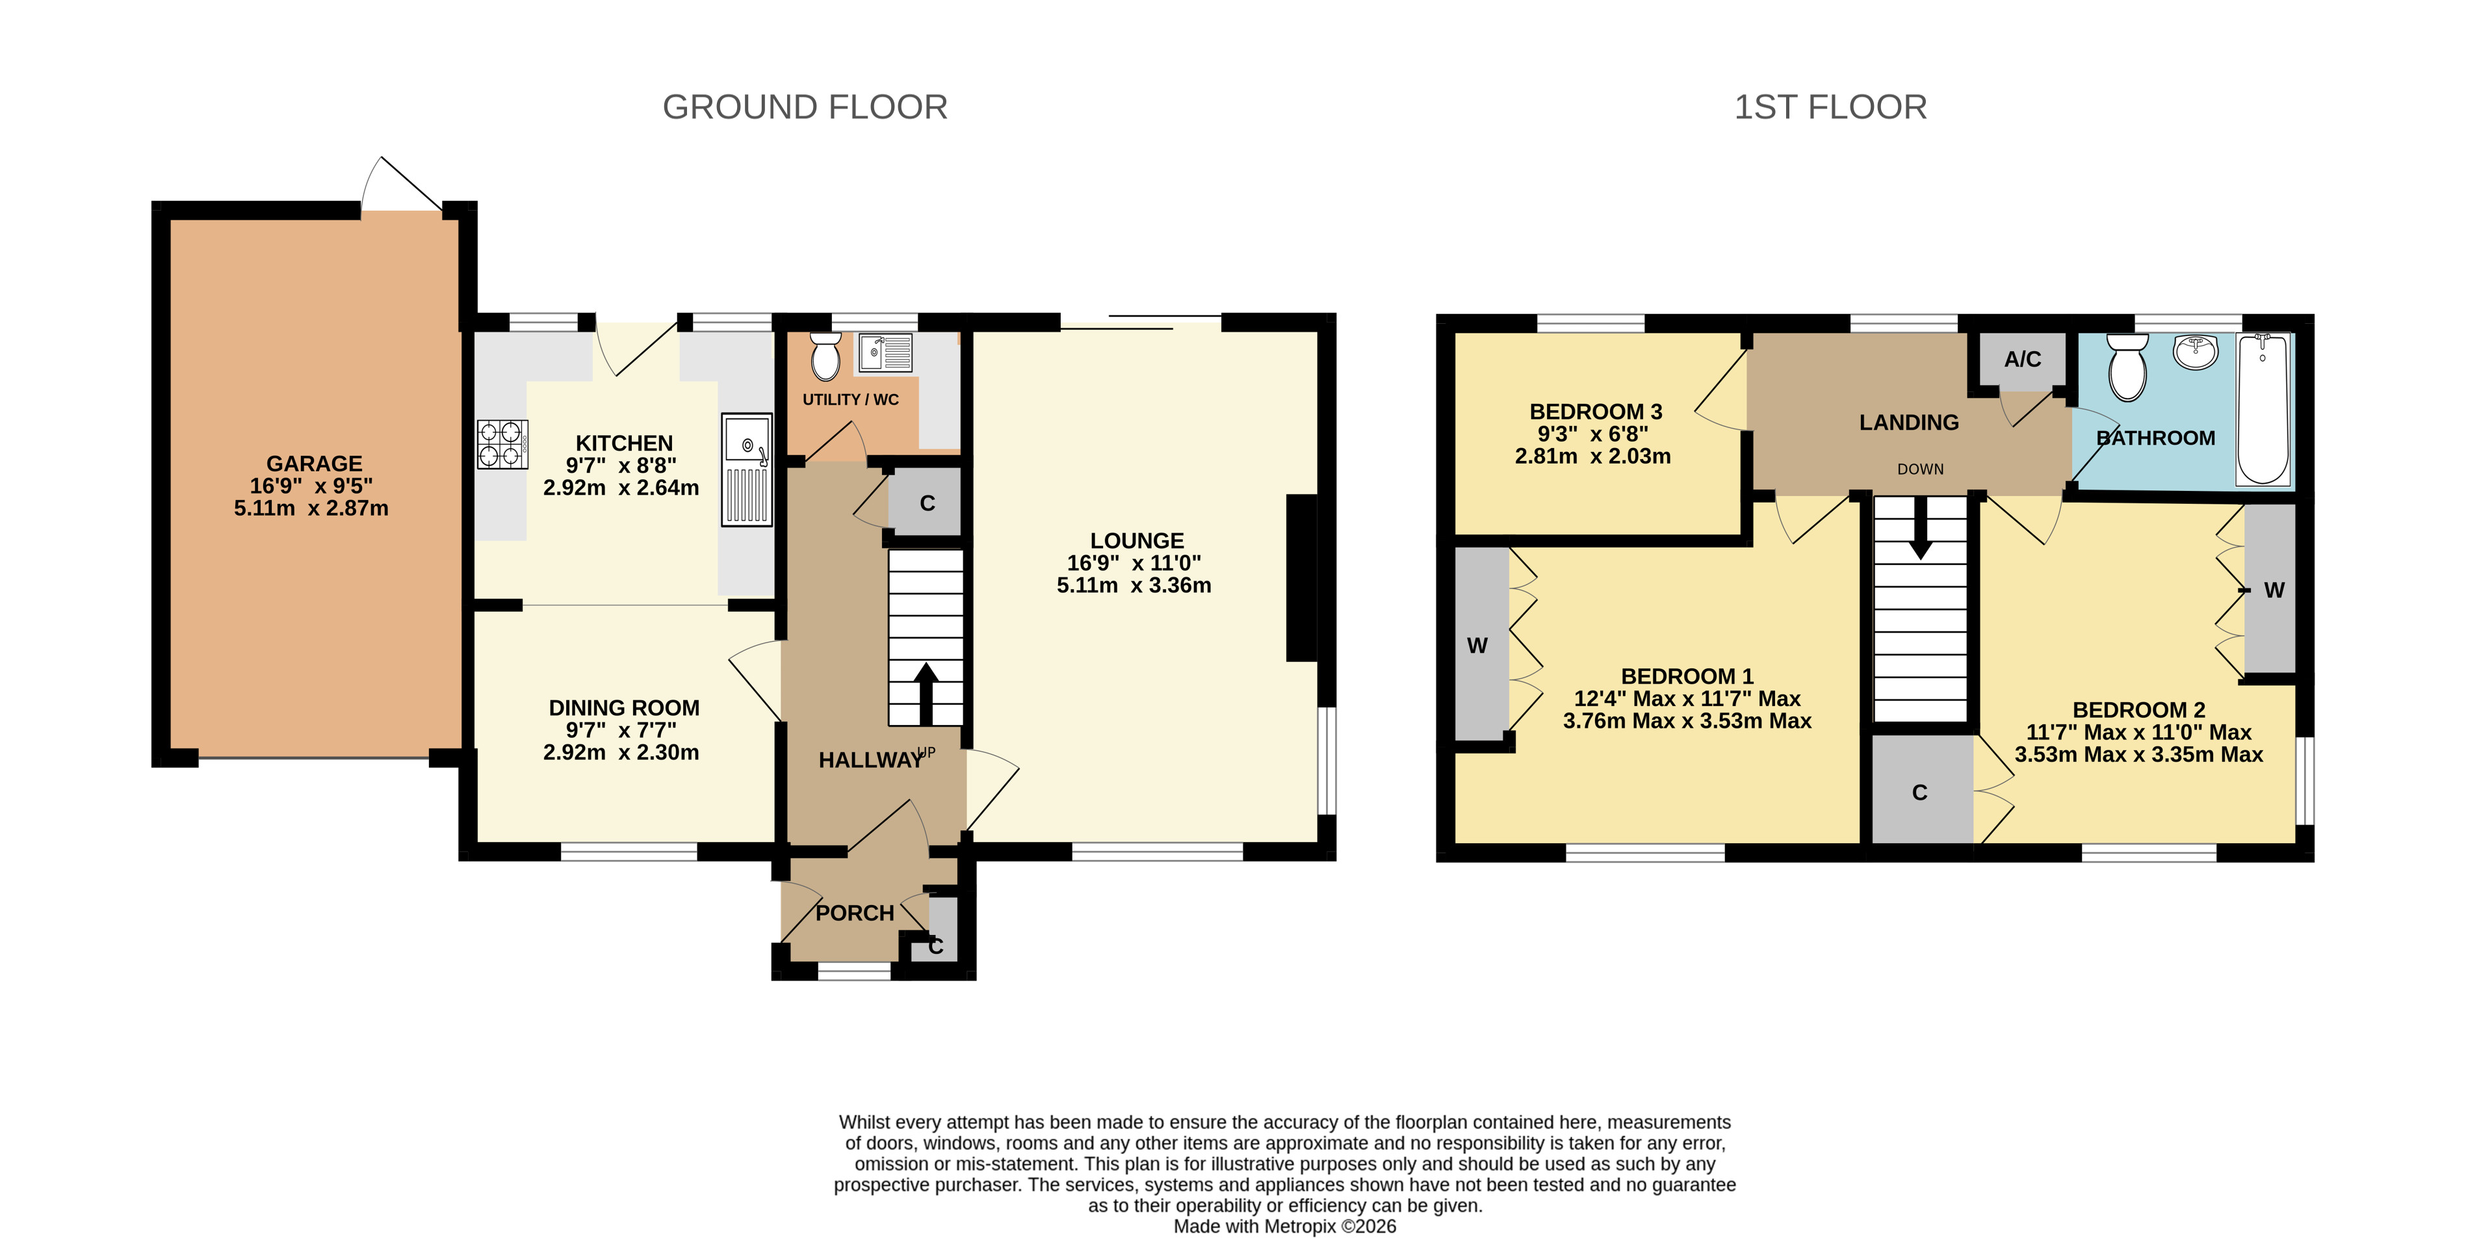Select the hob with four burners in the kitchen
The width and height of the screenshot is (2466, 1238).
point(502,444)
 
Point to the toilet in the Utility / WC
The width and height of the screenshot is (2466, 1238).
point(824,356)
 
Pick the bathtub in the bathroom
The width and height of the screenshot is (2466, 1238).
point(2263,409)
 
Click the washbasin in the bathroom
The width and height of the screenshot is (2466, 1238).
point(2196,351)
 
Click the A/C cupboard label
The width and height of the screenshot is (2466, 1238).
point(2022,359)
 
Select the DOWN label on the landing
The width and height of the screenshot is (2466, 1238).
point(1920,469)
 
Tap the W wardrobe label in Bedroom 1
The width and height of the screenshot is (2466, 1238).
point(1477,646)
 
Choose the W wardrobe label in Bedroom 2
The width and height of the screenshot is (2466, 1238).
point(2274,591)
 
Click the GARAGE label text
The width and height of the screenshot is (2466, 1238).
point(314,464)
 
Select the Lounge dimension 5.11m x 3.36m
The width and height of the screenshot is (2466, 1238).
point(1134,585)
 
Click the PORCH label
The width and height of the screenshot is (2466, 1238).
point(855,914)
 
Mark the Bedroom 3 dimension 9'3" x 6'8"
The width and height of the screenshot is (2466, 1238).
point(1593,434)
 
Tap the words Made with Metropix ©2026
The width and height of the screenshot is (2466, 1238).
point(1285,1226)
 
